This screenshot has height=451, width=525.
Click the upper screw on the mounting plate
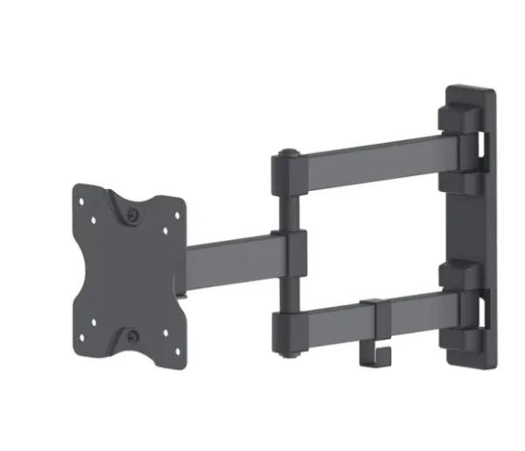[x=131, y=213]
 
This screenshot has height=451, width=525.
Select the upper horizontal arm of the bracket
[x=376, y=162]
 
